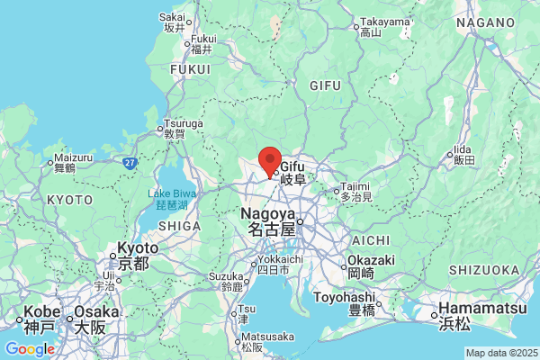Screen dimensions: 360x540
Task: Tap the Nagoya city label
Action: tap(268, 221)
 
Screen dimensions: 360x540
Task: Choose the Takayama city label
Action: tap(384, 26)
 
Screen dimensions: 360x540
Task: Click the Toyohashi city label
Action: tap(344, 302)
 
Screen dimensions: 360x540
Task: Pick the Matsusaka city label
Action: tap(256, 341)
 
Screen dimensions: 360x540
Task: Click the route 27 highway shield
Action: tap(130, 163)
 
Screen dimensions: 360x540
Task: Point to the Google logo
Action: tap(29, 349)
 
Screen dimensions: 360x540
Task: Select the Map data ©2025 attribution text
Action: tap(500, 353)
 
